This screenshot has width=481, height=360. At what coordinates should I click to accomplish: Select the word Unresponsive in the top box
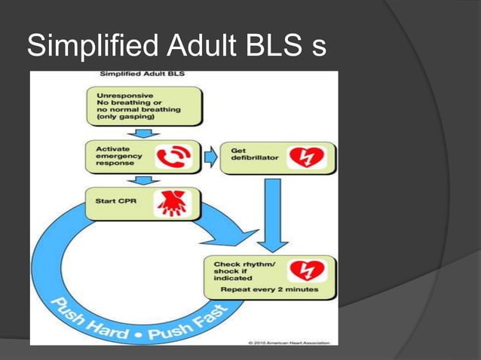click(124, 96)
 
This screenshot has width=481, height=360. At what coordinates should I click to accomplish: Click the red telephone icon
click(173, 157)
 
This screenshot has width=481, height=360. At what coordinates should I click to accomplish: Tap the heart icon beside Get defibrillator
click(307, 157)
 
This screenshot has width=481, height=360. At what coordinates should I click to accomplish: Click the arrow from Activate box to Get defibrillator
click(210, 157)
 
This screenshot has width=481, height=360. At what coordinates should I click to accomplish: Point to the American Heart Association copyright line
click(291, 343)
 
